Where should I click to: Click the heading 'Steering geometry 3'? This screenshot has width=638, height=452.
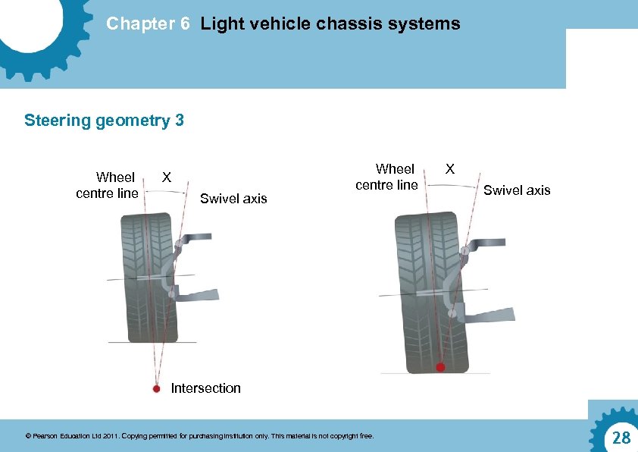(x=104, y=121)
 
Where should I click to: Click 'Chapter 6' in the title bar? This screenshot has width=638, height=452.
(x=148, y=24)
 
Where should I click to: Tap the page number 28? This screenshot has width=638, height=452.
(x=621, y=438)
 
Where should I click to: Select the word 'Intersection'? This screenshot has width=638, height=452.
(x=205, y=388)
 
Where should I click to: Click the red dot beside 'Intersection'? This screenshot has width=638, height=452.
(x=156, y=388)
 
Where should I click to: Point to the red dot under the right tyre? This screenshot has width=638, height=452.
(x=439, y=368)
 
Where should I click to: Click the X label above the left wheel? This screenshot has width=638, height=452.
(x=167, y=177)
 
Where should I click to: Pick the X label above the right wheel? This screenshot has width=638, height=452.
(x=449, y=168)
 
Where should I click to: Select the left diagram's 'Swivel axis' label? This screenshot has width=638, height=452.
(x=233, y=199)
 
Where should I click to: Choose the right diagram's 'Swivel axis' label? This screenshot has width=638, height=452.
(x=517, y=190)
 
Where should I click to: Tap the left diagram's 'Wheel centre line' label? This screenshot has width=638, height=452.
(x=108, y=185)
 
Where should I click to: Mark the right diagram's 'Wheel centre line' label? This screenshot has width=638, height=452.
(x=387, y=177)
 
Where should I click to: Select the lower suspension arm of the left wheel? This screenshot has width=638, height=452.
(x=199, y=293)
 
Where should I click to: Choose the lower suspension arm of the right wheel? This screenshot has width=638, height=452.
(x=488, y=312)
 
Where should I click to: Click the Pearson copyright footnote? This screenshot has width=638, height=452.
(x=199, y=437)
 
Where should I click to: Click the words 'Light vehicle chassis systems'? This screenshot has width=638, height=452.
(x=330, y=24)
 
